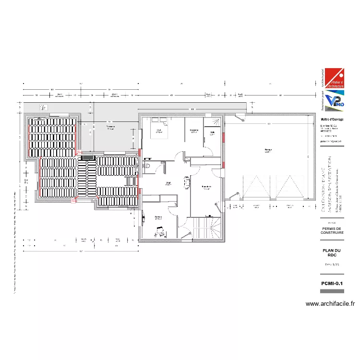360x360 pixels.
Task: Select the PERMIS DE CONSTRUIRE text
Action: coord(332,230)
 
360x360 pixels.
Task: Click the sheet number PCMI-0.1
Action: coord(332,284)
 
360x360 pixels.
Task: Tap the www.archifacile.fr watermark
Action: coord(330,303)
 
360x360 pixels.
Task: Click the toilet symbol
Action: coord(148,166)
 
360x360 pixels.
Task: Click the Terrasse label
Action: coord(110,128)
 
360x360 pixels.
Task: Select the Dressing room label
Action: coord(194,131)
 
